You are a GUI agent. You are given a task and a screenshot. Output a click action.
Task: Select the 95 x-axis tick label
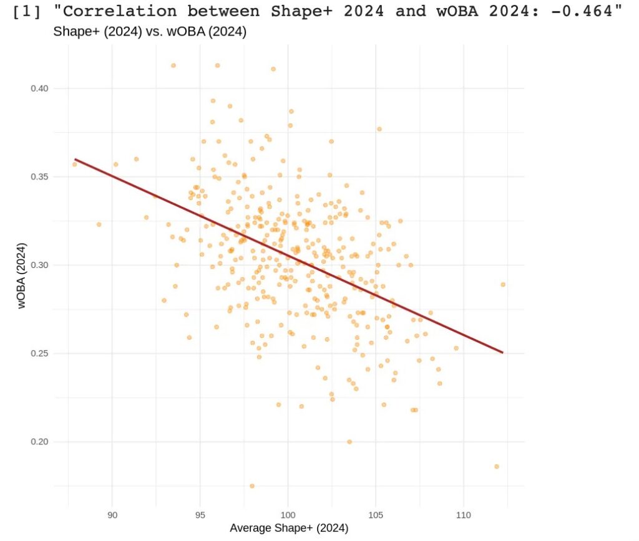pos(200,514)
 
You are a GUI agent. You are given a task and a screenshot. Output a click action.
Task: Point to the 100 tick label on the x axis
pos(288,514)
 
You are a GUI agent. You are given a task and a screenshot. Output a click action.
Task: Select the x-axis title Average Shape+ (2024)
pos(289,529)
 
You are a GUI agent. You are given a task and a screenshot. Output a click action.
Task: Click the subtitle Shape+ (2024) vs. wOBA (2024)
pos(150,32)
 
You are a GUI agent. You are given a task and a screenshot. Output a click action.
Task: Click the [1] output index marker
pos(26,11)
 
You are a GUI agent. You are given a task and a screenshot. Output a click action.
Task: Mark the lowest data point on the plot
pos(252,486)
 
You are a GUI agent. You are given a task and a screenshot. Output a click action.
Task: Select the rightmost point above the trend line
pos(503,284)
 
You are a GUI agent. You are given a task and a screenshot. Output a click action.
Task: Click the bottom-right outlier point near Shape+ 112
pos(497,466)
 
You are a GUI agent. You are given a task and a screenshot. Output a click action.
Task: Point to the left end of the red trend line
pos(76,160)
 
